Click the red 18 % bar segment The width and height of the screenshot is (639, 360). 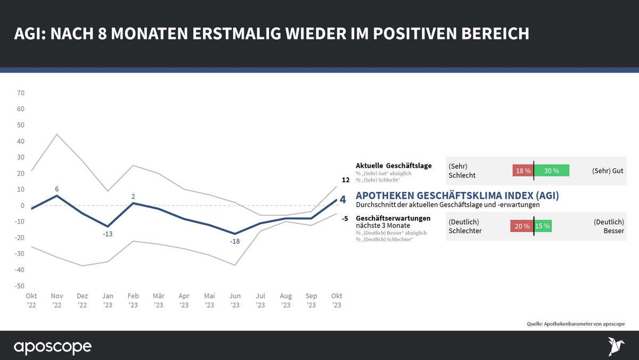(x=522, y=171)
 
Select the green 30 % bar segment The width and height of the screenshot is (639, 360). (x=552, y=171)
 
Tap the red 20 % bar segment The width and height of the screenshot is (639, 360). (x=522, y=226)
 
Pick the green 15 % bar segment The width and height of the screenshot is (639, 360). (x=543, y=226)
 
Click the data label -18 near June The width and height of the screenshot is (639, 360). (x=235, y=242)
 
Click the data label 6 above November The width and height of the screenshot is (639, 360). (x=56, y=189)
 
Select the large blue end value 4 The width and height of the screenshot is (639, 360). (x=342, y=200)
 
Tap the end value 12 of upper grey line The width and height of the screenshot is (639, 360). (x=345, y=180)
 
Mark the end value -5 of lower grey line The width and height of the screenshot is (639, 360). (x=345, y=218)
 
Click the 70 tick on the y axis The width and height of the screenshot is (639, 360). (x=21, y=93)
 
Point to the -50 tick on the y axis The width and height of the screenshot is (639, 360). (x=19, y=286)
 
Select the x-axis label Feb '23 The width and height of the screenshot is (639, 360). (x=133, y=300)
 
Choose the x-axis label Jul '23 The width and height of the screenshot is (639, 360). (x=260, y=300)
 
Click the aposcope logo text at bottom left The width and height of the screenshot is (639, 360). (x=52, y=347)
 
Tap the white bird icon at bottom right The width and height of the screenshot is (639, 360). (x=616, y=346)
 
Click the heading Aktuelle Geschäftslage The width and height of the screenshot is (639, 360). (x=394, y=166)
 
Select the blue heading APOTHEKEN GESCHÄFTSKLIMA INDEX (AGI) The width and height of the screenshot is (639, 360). (x=457, y=195)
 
